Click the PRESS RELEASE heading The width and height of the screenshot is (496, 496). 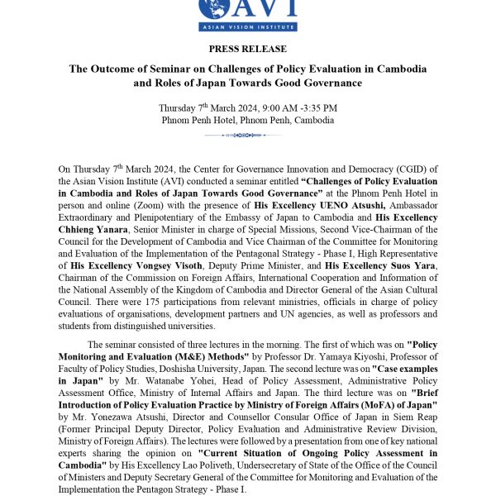coord(248,50)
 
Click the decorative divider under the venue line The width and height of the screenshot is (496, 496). coord(248,135)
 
